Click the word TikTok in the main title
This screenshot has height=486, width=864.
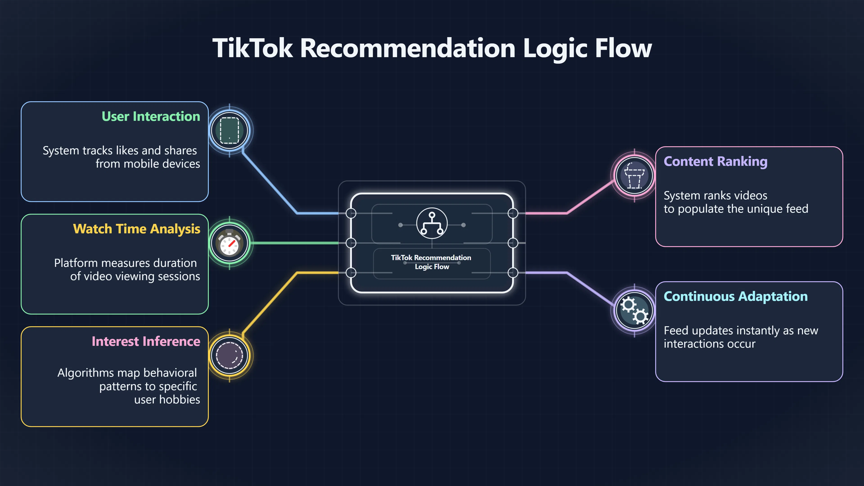pyautogui.click(x=253, y=48)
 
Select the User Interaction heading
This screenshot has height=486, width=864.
pyautogui.click(x=151, y=116)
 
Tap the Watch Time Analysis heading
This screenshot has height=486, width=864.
pyautogui.click(x=137, y=229)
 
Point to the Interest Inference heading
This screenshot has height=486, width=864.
pyautogui.click(x=146, y=342)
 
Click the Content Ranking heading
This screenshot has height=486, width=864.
pyautogui.click(x=715, y=162)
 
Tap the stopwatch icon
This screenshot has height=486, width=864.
pyautogui.click(x=229, y=243)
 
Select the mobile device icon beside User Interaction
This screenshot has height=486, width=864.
pyautogui.click(x=229, y=130)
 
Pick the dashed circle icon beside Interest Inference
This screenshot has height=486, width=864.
pyautogui.click(x=229, y=355)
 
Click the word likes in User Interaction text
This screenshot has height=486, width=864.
pyautogui.click(x=127, y=151)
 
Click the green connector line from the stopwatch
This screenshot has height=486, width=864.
pyautogui.click(x=295, y=243)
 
